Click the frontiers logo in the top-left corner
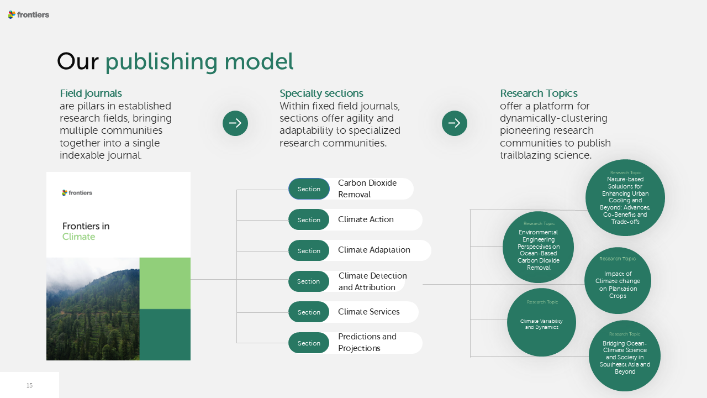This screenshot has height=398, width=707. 29,15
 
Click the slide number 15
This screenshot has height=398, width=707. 29,385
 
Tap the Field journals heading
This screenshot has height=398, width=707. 91,93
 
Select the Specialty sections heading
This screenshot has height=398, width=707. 321,93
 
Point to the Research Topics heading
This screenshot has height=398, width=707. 539,93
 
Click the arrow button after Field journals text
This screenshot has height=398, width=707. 235,123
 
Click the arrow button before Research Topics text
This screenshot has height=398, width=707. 455,123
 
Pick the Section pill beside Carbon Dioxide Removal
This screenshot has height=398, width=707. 309,189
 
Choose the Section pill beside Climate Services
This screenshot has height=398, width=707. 309,312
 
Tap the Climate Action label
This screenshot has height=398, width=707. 366,219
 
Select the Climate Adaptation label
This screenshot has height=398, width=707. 374,250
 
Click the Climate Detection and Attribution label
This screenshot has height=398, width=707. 372,281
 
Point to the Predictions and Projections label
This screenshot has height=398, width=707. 367,342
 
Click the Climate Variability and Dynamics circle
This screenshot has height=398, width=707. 541,322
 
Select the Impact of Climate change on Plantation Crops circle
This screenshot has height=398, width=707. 618,281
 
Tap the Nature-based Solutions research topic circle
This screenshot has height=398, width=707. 625,198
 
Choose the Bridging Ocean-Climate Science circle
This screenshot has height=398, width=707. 625,356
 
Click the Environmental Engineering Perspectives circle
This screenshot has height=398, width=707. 538,247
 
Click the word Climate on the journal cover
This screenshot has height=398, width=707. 78,237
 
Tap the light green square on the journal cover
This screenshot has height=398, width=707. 165,283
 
